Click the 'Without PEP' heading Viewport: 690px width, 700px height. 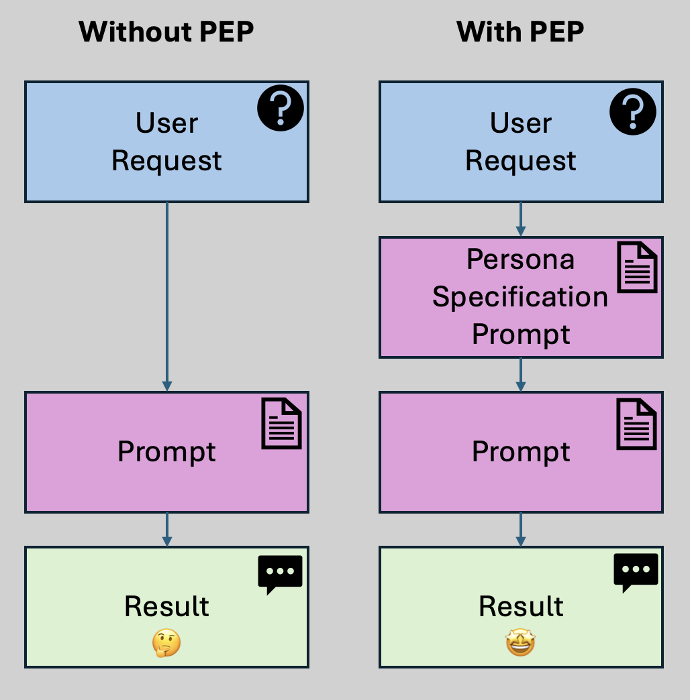pos(166,32)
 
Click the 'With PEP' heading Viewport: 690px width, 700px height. pos(520,32)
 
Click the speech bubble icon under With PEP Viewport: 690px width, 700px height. pos(636,573)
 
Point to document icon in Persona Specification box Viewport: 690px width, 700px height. pos(636,267)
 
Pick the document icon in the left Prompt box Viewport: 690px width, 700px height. pos(281,423)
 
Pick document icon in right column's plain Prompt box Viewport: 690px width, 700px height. pos(636,423)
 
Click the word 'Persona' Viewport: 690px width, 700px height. pos(521,259)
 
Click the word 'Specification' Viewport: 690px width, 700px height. pos(520,296)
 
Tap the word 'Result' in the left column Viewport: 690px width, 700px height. pos(166,606)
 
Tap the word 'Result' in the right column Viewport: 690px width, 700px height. pos(521,606)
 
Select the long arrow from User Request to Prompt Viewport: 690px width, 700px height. pos(167,295)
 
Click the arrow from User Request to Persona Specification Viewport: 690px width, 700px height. pos(521,219)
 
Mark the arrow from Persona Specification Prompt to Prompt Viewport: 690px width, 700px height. pos(521,374)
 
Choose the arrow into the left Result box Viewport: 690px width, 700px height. pos(167,529)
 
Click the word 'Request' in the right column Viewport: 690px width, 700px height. pos(521,161)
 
